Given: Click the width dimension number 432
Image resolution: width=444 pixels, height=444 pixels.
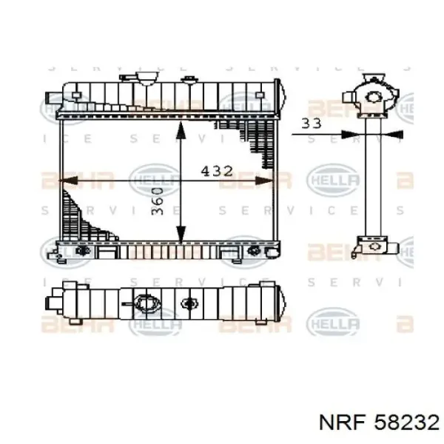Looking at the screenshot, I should (217, 171).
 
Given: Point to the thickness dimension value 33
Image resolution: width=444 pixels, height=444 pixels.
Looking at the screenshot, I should (312, 123).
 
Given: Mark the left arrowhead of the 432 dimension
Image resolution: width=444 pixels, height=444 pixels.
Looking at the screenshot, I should (67, 180).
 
